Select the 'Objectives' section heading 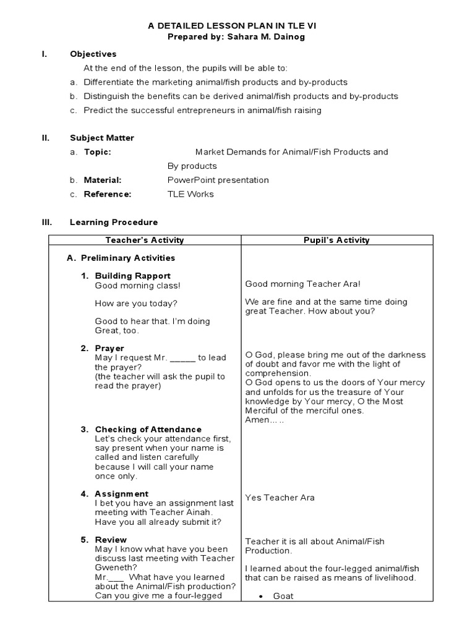[x=93, y=54]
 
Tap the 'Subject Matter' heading [x=101, y=138]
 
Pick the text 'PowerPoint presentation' [x=218, y=180]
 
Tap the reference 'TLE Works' [x=190, y=194]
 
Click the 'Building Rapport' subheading [x=132, y=276]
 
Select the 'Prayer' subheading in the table [x=109, y=349]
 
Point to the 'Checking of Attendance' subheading [x=148, y=430]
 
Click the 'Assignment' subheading [x=121, y=494]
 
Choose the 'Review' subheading [x=111, y=540]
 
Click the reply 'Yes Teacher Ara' [x=280, y=498]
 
